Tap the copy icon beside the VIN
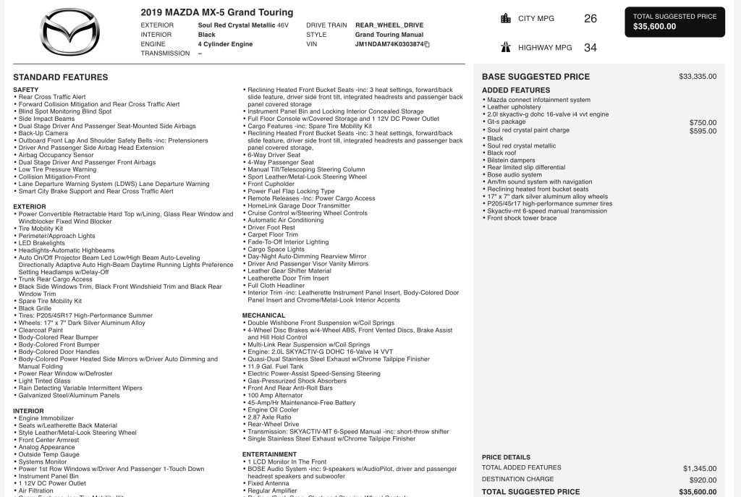(427, 44)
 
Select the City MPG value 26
(590, 19)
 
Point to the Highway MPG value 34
(590, 48)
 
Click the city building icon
(506, 19)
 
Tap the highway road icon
(506, 48)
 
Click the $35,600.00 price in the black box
(655, 27)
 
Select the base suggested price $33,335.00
(698, 76)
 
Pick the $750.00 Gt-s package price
(703, 122)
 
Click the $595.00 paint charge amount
(703, 130)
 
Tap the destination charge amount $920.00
(703, 480)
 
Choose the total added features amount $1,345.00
(700, 468)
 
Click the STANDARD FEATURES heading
(61, 77)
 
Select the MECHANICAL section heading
(264, 315)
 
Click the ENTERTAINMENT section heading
(269, 454)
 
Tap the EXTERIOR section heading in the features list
(30, 206)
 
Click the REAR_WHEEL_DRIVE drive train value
(389, 25)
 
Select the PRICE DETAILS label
(506, 457)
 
